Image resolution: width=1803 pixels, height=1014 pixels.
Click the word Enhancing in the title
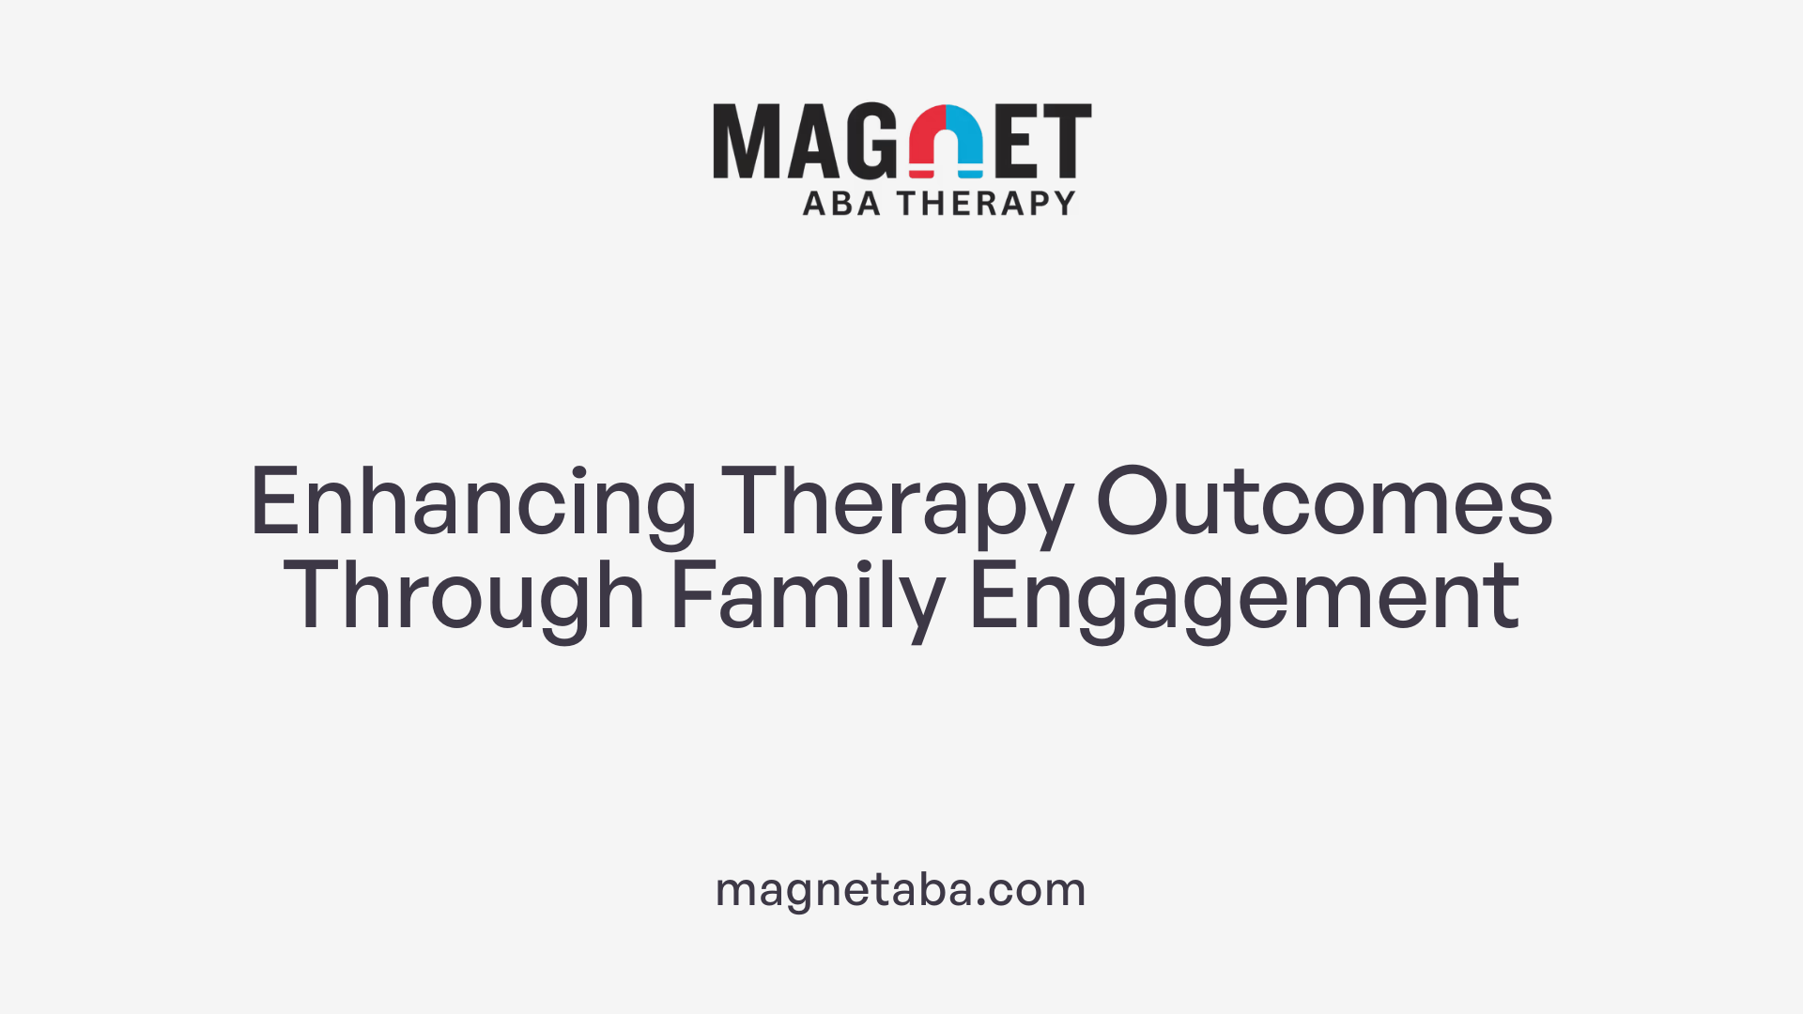tap(472, 504)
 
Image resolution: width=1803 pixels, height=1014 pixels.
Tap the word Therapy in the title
tap(897, 504)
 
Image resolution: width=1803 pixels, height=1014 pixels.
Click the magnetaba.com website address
tap(901, 889)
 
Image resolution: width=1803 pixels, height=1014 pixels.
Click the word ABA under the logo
tap(841, 203)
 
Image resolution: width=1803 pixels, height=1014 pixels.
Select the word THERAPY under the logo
tap(986, 203)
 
